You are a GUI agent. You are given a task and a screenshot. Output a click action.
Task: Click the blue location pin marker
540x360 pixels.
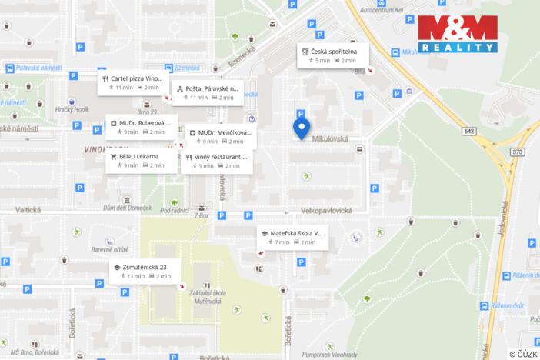pyautogui.click(x=302, y=128)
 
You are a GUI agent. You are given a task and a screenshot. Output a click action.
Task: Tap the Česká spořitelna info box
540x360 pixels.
pyautogui.click(x=333, y=55)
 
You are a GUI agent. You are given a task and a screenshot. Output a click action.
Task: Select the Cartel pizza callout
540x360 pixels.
pyautogui.click(x=131, y=82)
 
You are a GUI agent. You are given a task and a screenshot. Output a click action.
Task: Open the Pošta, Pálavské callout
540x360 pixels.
pyautogui.click(x=207, y=92)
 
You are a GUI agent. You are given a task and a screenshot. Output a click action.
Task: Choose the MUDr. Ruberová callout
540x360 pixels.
pyautogui.click(x=142, y=126)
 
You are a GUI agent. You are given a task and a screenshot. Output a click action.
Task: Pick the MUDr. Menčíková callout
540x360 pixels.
pyautogui.click(x=220, y=136)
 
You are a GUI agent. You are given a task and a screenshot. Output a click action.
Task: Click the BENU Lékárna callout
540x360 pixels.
pyautogui.click(x=142, y=160)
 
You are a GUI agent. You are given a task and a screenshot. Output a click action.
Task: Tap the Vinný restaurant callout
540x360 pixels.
pyautogui.click(x=217, y=161)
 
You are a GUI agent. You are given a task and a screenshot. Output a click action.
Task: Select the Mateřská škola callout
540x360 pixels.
pyautogui.click(x=292, y=237)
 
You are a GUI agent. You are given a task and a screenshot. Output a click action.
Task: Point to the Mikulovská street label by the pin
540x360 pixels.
pyautogui.click(x=331, y=139)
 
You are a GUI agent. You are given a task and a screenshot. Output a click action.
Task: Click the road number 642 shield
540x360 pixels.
pyautogui.click(x=468, y=131)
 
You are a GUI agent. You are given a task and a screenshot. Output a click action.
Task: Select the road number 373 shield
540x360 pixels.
pyautogui.click(x=517, y=152)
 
